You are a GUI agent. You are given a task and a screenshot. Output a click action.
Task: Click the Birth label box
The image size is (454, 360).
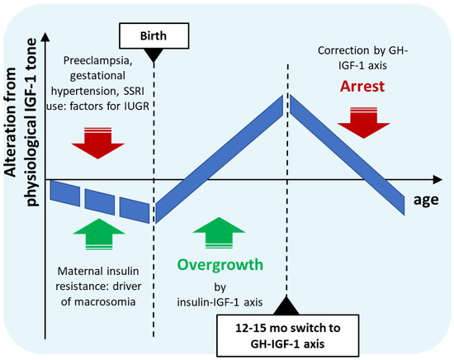point(154,36)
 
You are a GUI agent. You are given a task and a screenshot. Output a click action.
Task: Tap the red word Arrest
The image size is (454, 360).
point(362,87)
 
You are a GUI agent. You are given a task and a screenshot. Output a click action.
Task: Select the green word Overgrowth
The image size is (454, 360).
point(220,265)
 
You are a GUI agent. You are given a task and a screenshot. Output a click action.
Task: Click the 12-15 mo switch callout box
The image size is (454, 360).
point(288,336)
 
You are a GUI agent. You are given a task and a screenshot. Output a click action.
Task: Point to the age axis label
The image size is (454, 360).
point(426,200)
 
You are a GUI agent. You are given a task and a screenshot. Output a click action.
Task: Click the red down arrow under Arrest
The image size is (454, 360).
point(364,122)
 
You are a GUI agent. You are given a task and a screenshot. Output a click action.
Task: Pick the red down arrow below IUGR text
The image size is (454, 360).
point(98,143)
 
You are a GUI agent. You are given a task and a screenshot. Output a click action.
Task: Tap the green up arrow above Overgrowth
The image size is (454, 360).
point(219,233)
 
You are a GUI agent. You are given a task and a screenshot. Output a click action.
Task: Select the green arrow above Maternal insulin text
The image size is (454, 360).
point(99,234)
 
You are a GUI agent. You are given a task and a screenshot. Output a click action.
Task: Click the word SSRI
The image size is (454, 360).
point(134,91)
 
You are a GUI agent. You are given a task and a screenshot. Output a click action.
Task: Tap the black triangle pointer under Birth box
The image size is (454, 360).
point(154,55)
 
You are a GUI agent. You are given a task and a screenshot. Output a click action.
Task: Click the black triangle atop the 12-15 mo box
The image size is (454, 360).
point(286,306)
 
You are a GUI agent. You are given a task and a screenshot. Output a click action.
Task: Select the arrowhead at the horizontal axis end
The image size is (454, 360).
point(437,179)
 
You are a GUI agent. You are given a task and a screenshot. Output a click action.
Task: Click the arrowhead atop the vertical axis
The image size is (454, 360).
point(45,37)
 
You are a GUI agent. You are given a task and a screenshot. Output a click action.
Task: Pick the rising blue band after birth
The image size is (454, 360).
point(220,159)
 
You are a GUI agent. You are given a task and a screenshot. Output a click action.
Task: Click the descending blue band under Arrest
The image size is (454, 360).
point(348,155)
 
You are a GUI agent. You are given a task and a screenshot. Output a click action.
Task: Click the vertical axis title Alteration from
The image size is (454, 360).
point(11,122)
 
